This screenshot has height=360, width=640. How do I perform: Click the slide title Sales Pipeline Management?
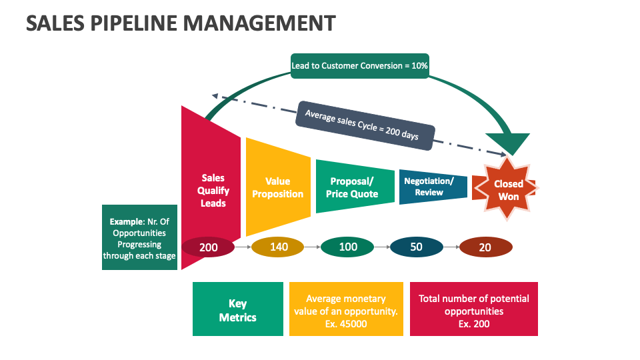[x=181, y=23]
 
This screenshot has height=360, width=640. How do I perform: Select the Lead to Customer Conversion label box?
[x=359, y=66]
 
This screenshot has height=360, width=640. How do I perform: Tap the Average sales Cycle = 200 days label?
[x=366, y=125]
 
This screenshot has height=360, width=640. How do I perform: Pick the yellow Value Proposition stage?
[x=278, y=187]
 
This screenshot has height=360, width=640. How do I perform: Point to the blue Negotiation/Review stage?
[x=433, y=187]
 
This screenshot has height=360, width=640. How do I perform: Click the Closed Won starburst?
[x=508, y=190]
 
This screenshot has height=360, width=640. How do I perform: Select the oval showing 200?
[x=208, y=247]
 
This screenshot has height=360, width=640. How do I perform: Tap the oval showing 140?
[x=278, y=247]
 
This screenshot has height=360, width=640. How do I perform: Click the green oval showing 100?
[x=347, y=247]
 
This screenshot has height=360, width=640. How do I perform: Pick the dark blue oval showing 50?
[x=416, y=247]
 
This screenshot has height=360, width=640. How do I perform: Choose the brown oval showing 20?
[x=485, y=247]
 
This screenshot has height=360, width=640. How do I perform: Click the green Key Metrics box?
[x=237, y=309]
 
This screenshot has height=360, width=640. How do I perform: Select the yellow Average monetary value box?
[x=346, y=309]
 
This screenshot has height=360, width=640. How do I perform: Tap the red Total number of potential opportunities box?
[x=473, y=309]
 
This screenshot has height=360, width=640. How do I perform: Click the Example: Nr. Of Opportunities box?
[x=139, y=237]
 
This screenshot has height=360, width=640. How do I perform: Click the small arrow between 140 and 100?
[x=312, y=247]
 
